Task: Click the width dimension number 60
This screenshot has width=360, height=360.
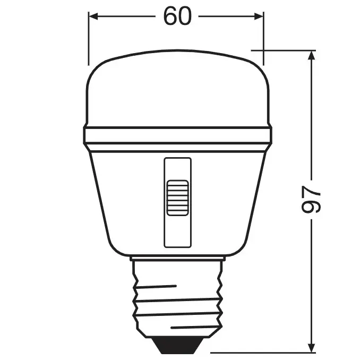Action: (177, 16)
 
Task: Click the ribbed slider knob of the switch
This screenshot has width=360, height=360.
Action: (177, 198)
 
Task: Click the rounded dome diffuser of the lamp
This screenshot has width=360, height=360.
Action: (177, 90)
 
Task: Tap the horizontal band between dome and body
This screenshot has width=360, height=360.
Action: (177, 135)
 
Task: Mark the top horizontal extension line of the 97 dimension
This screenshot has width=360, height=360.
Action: (287, 50)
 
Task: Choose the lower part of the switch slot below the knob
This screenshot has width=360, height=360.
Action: (177, 231)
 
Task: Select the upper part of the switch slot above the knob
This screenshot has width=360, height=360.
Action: (177, 169)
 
